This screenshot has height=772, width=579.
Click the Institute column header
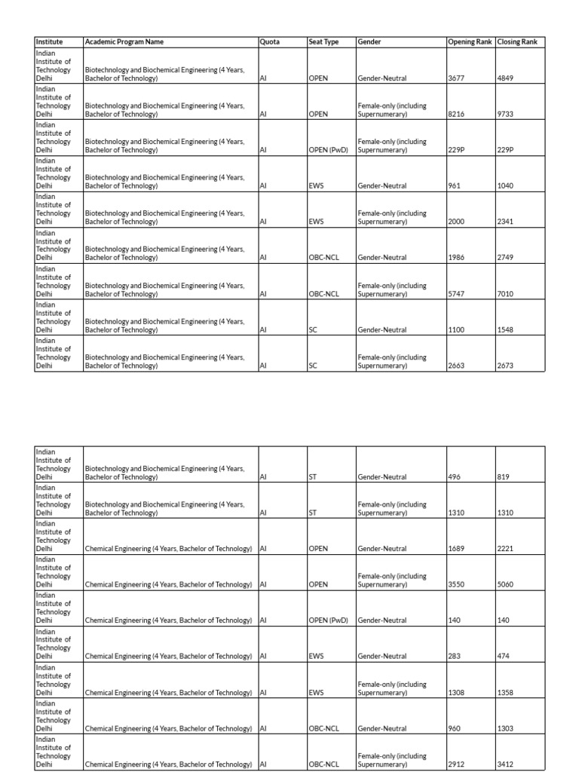coord(50,42)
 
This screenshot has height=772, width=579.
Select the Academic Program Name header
coord(124,42)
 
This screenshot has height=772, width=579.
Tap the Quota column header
coord(269,42)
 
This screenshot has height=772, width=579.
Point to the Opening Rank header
coord(470,42)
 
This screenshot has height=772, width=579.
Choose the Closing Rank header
coord(517,42)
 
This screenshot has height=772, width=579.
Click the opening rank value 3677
coord(457,78)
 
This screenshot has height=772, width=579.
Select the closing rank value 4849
coord(506,78)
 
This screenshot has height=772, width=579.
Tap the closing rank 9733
coord(506,115)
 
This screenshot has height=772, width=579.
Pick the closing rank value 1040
coord(506,186)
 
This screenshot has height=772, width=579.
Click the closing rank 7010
coord(506,294)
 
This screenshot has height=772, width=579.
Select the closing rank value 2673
coord(506,366)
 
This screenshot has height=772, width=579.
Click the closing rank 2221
coord(506,549)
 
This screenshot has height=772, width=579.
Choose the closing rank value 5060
coord(506,584)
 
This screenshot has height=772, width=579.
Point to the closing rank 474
coord(504,657)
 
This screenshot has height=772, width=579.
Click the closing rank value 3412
coord(506,764)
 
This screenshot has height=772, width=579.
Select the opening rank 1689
coord(457,549)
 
